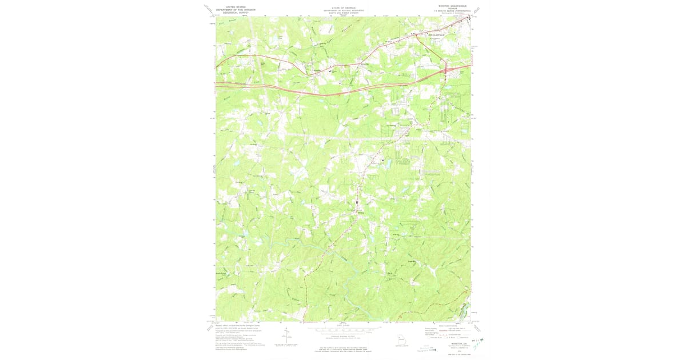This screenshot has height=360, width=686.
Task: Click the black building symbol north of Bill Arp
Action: (358, 203)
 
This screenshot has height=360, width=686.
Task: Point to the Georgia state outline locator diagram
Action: (404, 339)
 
